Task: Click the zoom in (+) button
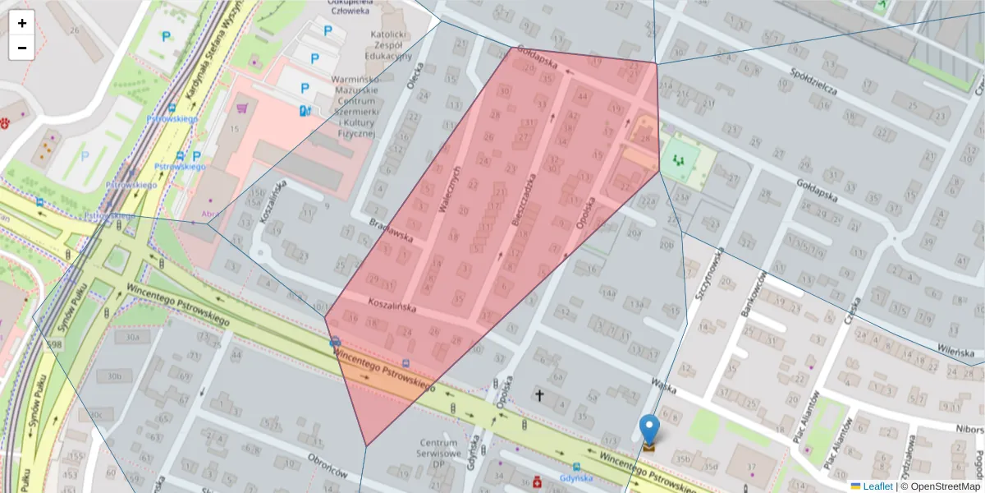tap(21, 23)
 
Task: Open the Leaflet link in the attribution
tap(877, 486)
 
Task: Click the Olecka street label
tap(419, 76)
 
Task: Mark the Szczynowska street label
tap(708, 274)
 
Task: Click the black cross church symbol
tap(539, 396)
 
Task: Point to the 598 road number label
tap(55, 343)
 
